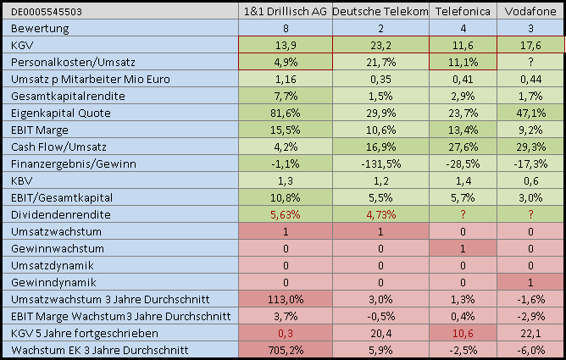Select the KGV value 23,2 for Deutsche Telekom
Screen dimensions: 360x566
click(x=380, y=44)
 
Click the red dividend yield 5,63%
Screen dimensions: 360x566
click(x=285, y=213)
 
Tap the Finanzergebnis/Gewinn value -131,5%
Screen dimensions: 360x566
click(x=380, y=163)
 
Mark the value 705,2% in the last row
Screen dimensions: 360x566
click(x=285, y=349)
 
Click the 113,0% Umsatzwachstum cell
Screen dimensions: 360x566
click(x=285, y=298)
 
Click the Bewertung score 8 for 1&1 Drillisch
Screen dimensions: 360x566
click(x=285, y=27)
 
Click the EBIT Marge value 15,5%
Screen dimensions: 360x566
click(x=285, y=129)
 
